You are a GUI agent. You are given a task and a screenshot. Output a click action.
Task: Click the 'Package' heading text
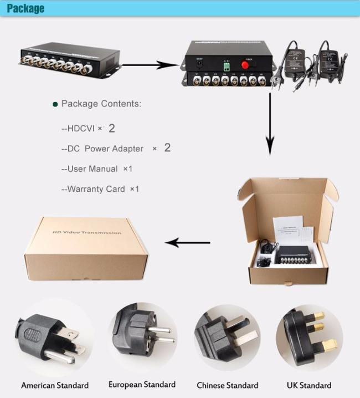[25, 9]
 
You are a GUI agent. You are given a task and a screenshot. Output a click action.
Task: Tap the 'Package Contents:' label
[101, 104]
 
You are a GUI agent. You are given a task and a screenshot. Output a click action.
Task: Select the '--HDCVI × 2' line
[89, 129]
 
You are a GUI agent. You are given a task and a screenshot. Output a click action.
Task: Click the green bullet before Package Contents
[55, 104]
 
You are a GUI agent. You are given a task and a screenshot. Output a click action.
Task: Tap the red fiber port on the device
[245, 65]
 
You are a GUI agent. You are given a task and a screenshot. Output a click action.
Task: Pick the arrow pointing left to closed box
[188, 242]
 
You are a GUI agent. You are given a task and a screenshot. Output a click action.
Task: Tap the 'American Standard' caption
[55, 385]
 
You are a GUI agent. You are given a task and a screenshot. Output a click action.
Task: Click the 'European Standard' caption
[142, 384]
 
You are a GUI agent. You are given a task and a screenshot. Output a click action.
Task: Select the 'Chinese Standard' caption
[227, 385]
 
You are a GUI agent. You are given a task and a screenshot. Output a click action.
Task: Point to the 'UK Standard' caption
[308, 385]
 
